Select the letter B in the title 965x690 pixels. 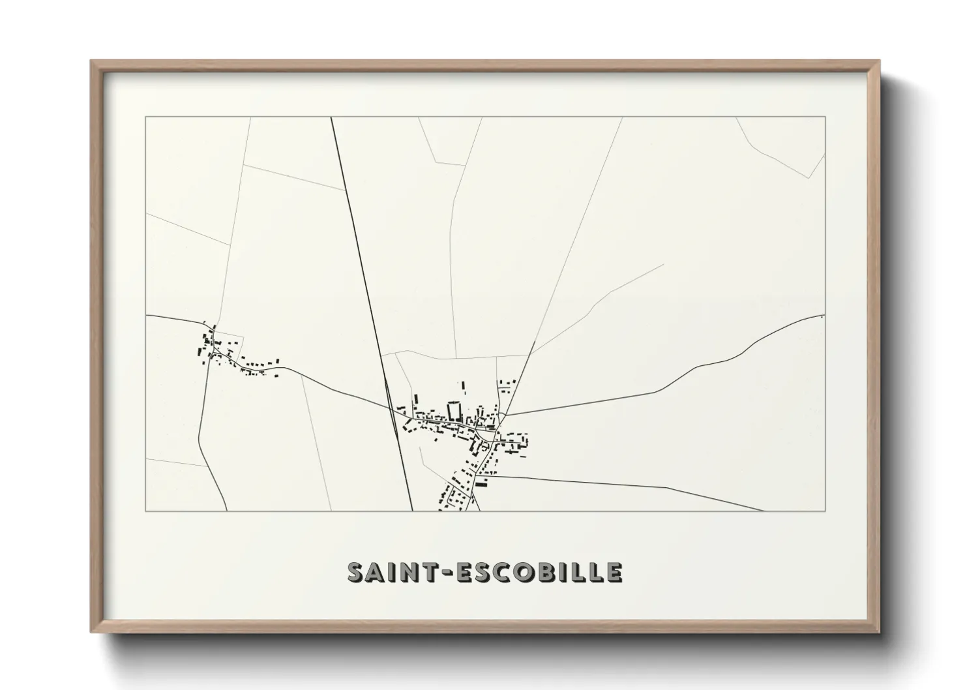546,572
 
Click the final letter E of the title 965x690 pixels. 614,572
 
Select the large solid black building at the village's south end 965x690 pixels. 482,484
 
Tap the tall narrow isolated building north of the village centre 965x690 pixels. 464,387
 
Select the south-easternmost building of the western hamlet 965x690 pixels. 279,376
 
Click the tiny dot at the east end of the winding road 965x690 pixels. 822,317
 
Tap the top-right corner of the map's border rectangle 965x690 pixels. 825,117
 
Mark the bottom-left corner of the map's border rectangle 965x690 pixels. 145,511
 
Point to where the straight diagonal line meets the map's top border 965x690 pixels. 331,117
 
